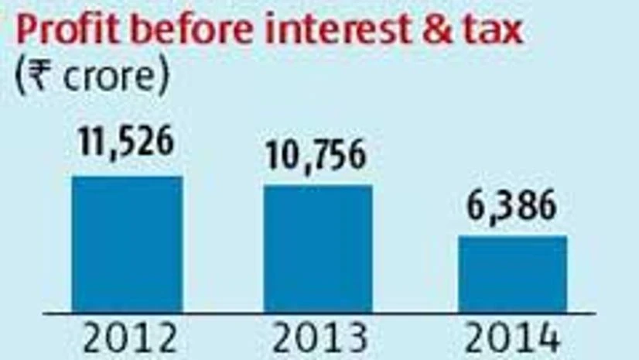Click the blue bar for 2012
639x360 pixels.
(x=128, y=244)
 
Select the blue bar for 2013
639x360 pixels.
(x=318, y=249)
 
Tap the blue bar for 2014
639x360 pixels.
(x=512, y=274)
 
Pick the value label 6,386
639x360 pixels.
(x=511, y=207)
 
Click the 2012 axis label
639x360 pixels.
(x=128, y=339)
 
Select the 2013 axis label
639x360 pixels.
(x=319, y=339)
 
